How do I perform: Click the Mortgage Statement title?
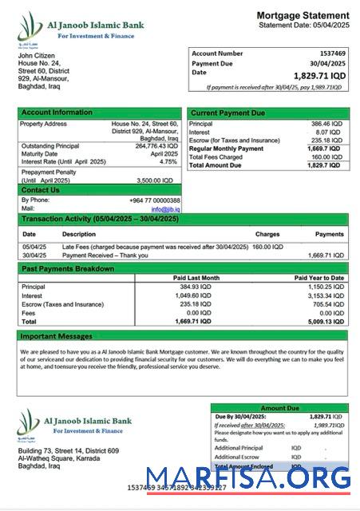click(x=303, y=15)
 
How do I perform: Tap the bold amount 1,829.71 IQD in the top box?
click(x=319, y=75)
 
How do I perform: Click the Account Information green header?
click(x=57, y=113)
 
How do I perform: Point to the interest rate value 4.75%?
click(x=168, y=161)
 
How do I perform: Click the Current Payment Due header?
click(x=228, y=113)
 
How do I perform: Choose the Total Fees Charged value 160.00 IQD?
click(x=326, y=156)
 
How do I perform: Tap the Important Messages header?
click(x=57, y=336)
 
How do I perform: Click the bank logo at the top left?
click(x=31, y=29)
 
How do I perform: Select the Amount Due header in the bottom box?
click(x=279, y=408)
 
